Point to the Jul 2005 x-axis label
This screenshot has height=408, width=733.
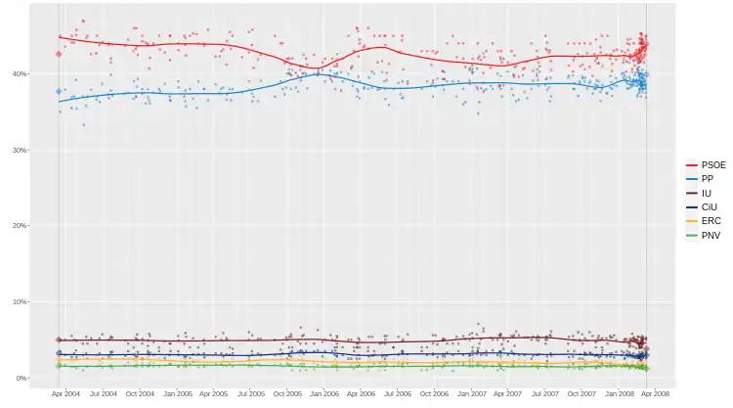point(251,394)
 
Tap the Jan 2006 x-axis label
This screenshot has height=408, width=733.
point(325,394)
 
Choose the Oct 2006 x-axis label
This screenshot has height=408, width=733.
point(435,394)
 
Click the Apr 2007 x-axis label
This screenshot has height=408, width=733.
point(508,394)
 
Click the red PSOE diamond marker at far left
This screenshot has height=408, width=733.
point(59,54)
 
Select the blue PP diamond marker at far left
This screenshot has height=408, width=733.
point(59,91)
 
